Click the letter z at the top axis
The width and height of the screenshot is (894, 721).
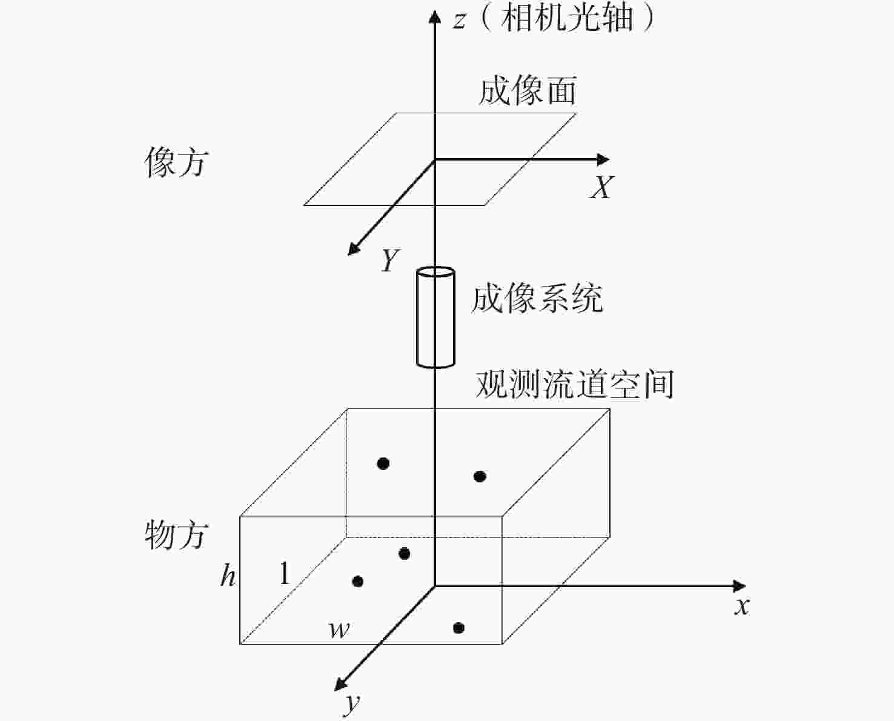(x=459, y=21)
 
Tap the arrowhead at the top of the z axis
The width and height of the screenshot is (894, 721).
(x=434, y=15)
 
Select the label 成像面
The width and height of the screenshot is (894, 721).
(x=527, y=91)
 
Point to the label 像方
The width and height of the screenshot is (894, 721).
(x=176, y=162)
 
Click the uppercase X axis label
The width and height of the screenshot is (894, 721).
(x=601, y=187)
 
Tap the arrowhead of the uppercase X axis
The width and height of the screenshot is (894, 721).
(x=603, y=160)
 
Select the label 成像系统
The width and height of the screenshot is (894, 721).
(x=537, y=299)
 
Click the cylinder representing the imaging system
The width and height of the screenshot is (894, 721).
(x=435, y=317)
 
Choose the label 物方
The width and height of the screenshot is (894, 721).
(x=176, y=535)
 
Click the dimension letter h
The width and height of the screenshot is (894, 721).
(x=228, y=575)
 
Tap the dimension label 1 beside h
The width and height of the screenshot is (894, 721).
(x=284, y=573)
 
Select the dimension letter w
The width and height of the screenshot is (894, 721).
(x=339, y=630)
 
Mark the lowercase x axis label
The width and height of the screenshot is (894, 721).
(x=742, y=606)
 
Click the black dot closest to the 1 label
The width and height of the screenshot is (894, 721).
(x=357, y=582)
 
